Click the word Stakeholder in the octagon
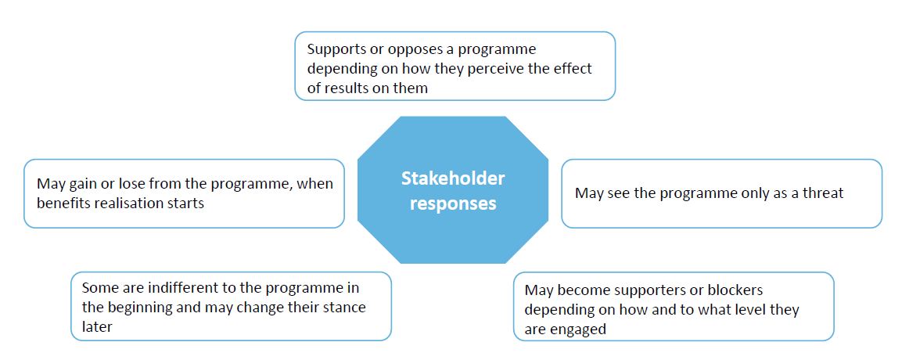[x=453, y=178]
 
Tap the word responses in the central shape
[x=453, y=204]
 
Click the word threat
[x=822, y=193]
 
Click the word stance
[x=344, y=308]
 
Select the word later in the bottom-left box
[x=97, y=326]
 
